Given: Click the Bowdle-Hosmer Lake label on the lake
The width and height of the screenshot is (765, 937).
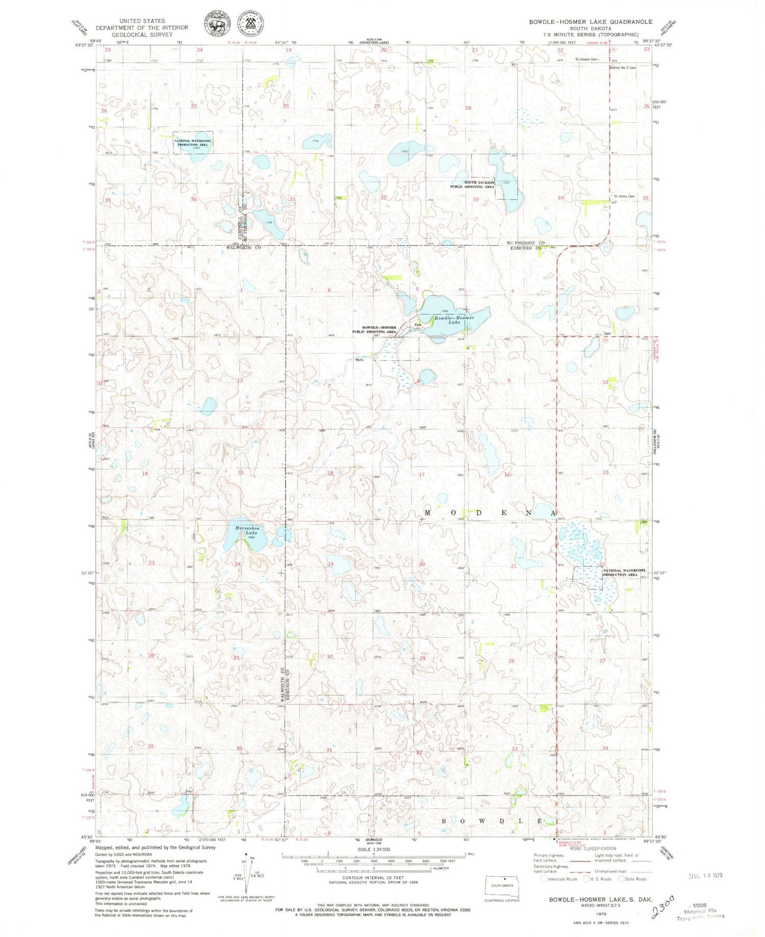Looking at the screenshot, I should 454,320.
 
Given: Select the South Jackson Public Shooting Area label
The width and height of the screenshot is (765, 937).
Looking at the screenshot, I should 472,185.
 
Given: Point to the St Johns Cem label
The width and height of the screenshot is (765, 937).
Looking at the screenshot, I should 624,196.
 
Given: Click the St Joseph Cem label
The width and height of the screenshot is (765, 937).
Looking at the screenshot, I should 586,60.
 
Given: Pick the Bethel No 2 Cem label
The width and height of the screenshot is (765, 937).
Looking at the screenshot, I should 623,67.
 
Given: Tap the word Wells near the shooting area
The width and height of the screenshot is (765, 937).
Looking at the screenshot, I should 360,360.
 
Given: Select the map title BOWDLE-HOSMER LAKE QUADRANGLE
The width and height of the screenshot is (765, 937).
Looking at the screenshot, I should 590,21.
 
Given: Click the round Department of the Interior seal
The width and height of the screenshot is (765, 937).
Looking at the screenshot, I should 216,25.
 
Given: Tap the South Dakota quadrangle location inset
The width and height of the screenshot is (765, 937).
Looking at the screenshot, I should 502,885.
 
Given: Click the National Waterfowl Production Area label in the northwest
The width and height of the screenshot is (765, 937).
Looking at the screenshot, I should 193,143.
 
